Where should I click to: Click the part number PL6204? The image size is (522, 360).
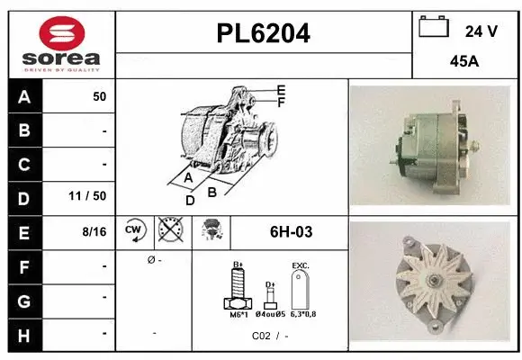(264, 33)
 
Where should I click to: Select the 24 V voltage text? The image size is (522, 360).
(481, 31)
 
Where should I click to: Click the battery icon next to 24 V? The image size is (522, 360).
(434, 28)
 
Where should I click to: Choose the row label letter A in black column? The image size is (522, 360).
(24, 96)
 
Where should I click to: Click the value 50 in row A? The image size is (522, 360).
(99, 96)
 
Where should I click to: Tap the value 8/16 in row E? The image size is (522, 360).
(94, 231)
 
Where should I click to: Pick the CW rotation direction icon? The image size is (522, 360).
(134, 231)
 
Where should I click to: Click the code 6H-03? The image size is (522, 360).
(291, 231)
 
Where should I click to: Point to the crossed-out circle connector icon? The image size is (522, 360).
(169, 231)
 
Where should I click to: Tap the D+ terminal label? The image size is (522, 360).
(269, 283)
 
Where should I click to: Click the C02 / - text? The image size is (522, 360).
(270, 336)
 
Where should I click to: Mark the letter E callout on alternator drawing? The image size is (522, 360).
(282, 90)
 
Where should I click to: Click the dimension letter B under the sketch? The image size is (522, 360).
(212, 191)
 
